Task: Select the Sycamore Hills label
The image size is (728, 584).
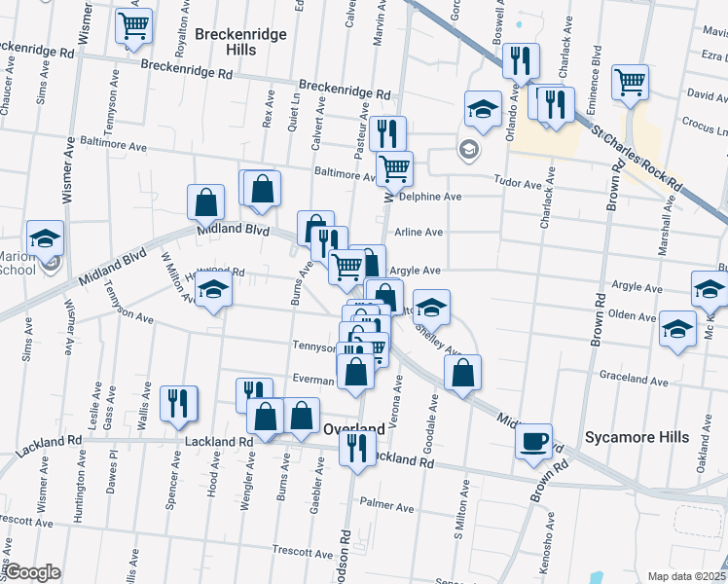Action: (637, 437)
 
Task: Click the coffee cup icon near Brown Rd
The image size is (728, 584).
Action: (533, 440)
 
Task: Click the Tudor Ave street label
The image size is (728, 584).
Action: (518, 184)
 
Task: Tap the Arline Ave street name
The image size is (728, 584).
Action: (419, 233)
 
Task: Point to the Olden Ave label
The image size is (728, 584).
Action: (633, 316)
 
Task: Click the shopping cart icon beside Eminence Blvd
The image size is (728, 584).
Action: (631, 82)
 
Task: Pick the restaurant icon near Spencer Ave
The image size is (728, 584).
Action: (178, 402)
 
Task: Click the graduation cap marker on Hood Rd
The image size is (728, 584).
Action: (213, 290)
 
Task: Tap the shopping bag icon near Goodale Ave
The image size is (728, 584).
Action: (462, 371)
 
